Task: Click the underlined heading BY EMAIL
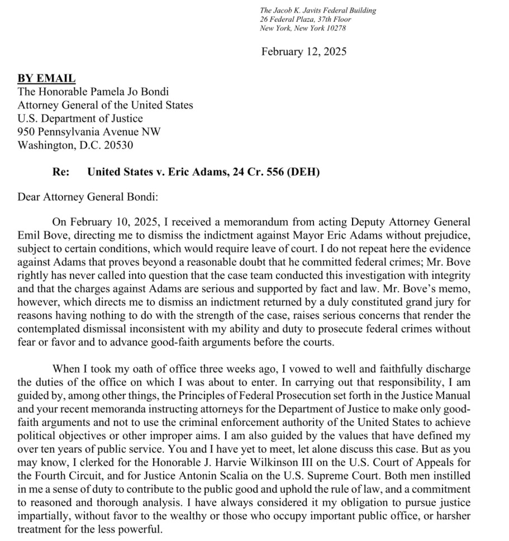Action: pos(46,79)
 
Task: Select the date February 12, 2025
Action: pos(304,52)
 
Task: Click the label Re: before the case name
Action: pos(61,172)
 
